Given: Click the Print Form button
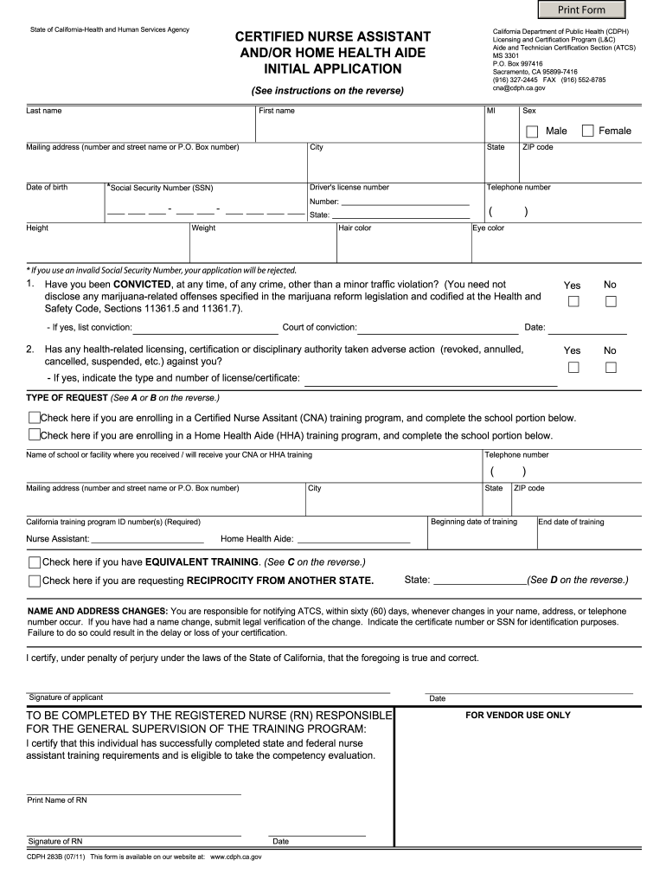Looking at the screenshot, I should tap(580, 10).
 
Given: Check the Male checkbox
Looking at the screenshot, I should tap(532, 131).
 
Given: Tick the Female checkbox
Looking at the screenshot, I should tap(588, 131).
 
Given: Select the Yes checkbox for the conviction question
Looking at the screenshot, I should tap(573, 301).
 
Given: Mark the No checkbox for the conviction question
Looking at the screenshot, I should tap(611, 301).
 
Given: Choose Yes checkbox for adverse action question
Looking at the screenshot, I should tap(573, 367).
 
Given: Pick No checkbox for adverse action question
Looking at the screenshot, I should tap(611, 367).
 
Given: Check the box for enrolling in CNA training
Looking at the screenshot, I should tap(35, 418).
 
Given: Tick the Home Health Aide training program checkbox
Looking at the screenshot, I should tap(35, 435).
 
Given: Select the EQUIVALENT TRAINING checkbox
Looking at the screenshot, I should tap(35, 562).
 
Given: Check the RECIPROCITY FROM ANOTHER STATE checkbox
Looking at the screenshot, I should tap(35, 581).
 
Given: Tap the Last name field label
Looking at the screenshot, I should tap(43, 111).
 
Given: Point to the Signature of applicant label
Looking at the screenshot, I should tap(66, 697).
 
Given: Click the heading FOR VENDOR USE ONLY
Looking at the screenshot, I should tap(517, 716).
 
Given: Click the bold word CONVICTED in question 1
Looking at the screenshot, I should tap(143, 284).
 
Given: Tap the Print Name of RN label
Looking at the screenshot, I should tap(57, 800).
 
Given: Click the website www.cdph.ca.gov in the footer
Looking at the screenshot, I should tap(236, 857).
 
